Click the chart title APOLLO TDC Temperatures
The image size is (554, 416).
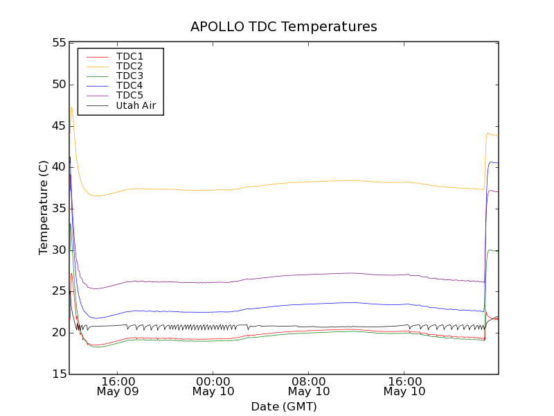point(284,27)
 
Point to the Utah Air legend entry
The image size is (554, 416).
point(136,105)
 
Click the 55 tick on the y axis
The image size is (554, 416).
point(57,43)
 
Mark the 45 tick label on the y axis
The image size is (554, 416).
point(57,125)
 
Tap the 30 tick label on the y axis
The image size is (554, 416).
point(57,250)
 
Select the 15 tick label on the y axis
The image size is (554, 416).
point(57,374)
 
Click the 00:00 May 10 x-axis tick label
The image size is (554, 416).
point(213,386)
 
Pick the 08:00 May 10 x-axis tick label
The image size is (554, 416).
point(309,386)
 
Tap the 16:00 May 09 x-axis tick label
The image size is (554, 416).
point(118,386)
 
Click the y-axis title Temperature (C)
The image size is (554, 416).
point(44,208)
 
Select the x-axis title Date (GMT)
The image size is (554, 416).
point(284,406)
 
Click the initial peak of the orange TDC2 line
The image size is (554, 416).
point(71,107)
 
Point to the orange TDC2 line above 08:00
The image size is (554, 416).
point(309,182)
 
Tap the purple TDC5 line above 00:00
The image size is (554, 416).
point(213,282)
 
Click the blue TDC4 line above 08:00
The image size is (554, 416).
point(309,304)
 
